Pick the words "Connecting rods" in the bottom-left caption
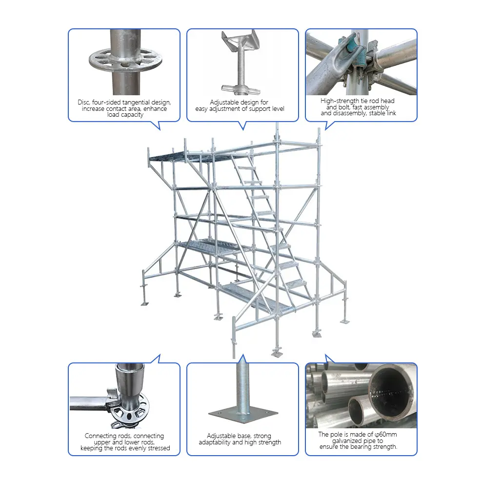[104, 436]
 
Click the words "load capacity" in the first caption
[125, 115]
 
